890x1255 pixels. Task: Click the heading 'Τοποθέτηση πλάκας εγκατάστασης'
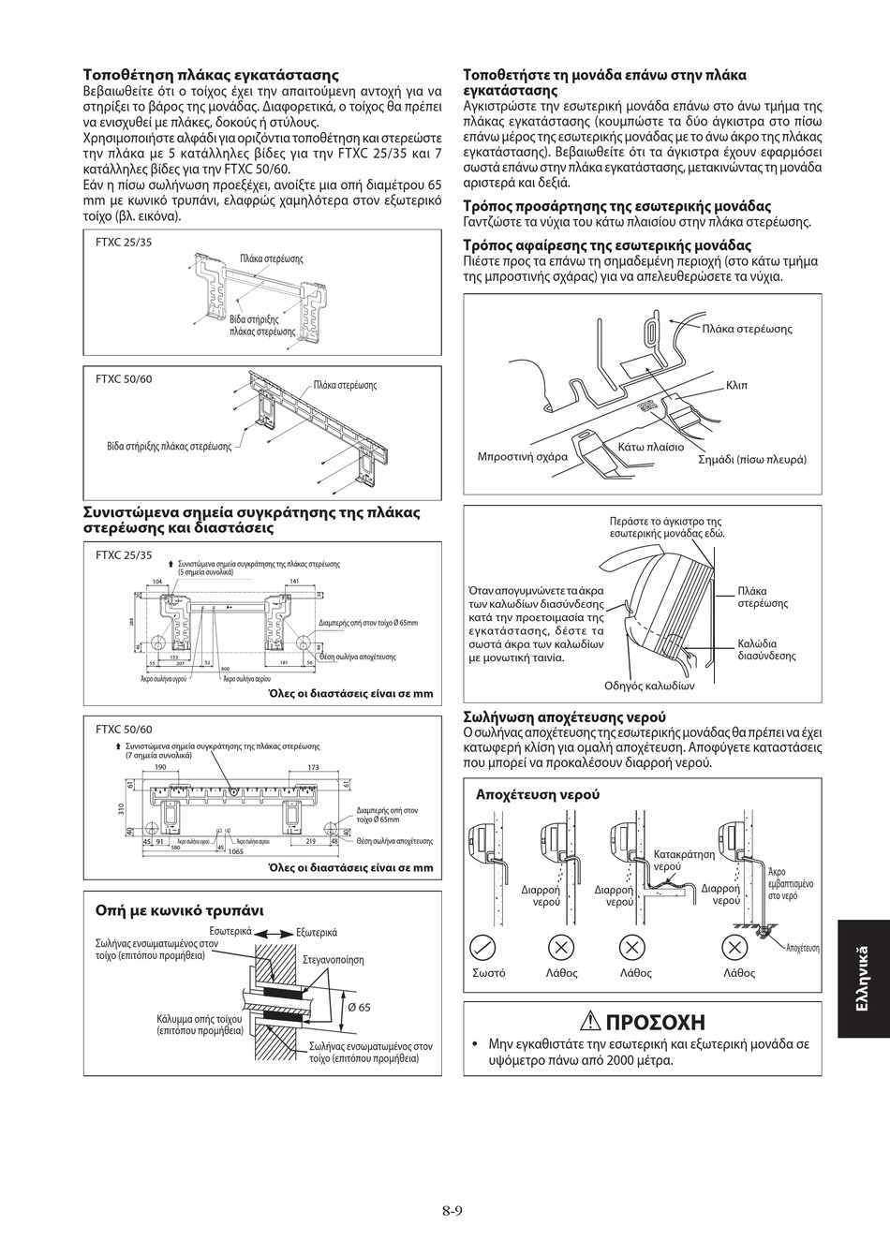211,75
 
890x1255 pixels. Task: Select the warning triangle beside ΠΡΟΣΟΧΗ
589,1022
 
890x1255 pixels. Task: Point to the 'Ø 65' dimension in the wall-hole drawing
359,1007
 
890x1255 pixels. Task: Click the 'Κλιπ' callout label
736,386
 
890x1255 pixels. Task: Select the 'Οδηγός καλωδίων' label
650,686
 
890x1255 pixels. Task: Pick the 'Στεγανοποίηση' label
334,960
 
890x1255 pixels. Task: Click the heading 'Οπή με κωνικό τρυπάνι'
180,909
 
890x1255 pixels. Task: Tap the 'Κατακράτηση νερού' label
684,861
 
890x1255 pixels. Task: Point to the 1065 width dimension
235,852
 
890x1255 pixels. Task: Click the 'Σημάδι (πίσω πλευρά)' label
752,459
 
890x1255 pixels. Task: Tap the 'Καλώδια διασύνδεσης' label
766,649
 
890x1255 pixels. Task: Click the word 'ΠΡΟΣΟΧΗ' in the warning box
656,1022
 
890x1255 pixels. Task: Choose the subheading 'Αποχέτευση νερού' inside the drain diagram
538,793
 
